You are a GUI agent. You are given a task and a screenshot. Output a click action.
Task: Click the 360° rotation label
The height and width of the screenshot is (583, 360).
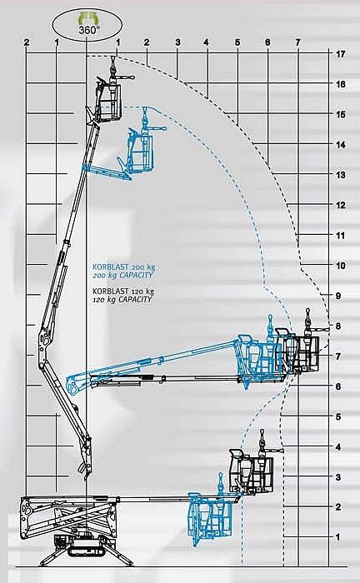point(87,30)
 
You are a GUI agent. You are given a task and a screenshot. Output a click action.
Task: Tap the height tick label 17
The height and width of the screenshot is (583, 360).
point(340,54)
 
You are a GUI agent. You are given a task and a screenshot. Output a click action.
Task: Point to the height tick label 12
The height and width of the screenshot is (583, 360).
point(340,205)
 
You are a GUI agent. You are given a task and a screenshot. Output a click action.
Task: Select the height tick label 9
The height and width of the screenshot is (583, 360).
point(338,296)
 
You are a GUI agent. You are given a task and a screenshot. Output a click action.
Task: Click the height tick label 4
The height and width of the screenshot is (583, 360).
point(338,447)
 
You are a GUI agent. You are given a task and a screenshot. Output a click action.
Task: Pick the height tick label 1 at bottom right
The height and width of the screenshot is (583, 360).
point(337,537)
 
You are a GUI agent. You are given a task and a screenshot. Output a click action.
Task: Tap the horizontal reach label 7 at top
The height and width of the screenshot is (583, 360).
point(297,42)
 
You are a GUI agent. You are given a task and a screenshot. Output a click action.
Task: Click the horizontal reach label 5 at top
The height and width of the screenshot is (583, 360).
point(237,42)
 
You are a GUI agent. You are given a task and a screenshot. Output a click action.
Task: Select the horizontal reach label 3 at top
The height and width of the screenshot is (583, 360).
point(177,42)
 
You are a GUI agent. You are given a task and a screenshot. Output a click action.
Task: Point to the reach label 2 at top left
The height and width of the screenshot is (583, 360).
point(26,42)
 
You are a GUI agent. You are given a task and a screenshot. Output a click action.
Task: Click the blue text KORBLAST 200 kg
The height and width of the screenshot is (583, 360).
point(124,267)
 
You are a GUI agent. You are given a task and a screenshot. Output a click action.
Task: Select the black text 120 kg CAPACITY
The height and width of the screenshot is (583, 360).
point(122,299)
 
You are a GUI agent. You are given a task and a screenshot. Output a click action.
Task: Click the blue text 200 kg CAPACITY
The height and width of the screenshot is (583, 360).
point(122,275)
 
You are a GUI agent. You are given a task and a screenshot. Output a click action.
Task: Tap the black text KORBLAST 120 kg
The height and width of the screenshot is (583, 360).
point(123,291)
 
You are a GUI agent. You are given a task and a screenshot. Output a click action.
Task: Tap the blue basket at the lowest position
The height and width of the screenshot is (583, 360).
point(211,517)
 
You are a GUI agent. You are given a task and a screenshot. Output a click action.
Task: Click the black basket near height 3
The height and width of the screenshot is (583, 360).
point(252,472)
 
